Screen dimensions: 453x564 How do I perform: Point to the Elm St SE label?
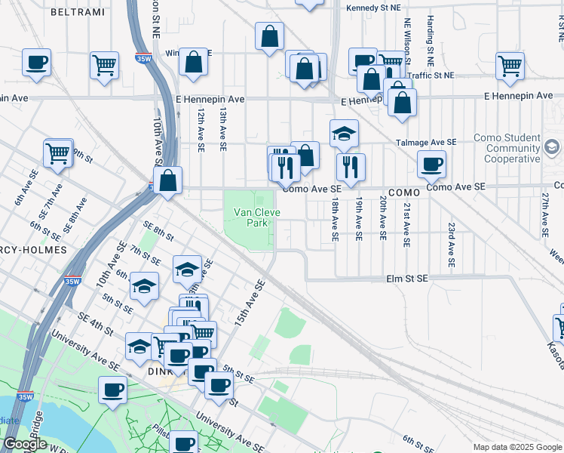tap(406, 279)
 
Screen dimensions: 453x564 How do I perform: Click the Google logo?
tap(25, 444)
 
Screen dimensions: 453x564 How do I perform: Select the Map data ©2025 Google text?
tap(516, 447)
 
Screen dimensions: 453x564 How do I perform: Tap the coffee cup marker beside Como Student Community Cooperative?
tap(431, 163)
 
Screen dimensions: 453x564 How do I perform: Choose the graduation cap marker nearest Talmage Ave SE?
tap(344, 133)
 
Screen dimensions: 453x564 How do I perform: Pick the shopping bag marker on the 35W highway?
tap(167, 180)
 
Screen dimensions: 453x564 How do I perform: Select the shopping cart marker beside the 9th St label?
tap(58, 153)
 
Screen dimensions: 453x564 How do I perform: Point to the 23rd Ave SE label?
tap(452, 245)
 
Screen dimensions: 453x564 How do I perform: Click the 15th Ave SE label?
tap(250, 303)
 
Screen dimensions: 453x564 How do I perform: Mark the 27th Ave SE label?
tap(544, 215)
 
